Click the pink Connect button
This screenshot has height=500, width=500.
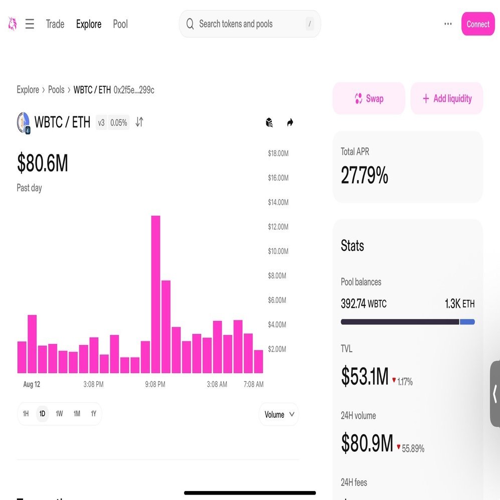[477, 24]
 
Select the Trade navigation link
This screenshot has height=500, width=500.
[55, 24]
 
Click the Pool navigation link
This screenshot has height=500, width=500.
[120, 24]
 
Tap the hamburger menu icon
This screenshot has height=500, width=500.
[30, 24]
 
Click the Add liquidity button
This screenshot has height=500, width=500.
[446, 99]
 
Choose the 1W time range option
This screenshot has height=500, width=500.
[59, 414]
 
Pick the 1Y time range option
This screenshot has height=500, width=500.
[93, 414]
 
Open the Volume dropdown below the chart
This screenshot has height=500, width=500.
[279, 414]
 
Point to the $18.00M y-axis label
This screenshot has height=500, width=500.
[278, 153]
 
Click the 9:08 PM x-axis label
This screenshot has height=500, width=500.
[155, 385]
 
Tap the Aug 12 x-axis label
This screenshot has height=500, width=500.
[32, 385]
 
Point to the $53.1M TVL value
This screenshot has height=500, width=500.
[365, 377]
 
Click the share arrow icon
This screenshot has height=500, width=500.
[290, 122]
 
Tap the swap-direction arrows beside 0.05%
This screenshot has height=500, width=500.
[139, 122]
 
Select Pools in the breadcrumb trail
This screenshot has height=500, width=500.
[56, 90]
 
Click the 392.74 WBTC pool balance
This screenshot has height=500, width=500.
[364, 304]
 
